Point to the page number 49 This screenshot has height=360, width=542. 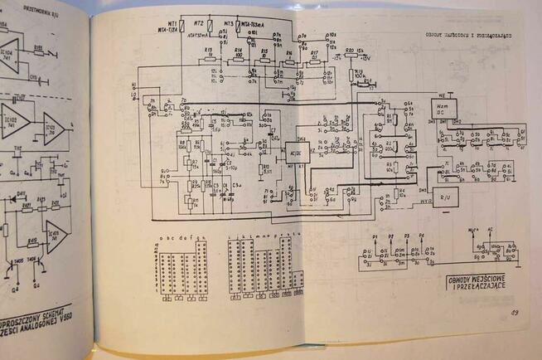pos(515,312)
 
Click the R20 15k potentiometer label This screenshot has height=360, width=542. pos(352,51)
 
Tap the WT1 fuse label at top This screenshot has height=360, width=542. pos(172,27)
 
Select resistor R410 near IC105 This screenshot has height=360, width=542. pos(31,241)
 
